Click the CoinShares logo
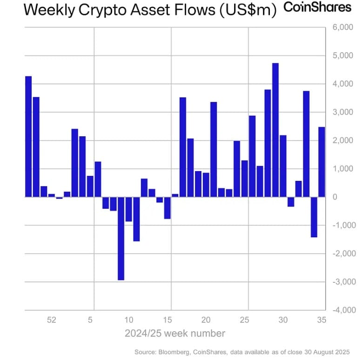click(x=317, y=7)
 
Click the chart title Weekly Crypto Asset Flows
click(x=140, y=9)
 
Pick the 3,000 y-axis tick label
click(x=343, y=113)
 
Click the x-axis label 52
click(x=52, y=320)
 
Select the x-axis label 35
click(x=322, y=320)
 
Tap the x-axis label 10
click(x=129, y=320)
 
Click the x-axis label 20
click(x=206, y=320)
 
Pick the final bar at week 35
click(x=322, y=161)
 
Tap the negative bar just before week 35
click(x=314, y=217)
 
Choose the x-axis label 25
click(x=244, y=320)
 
